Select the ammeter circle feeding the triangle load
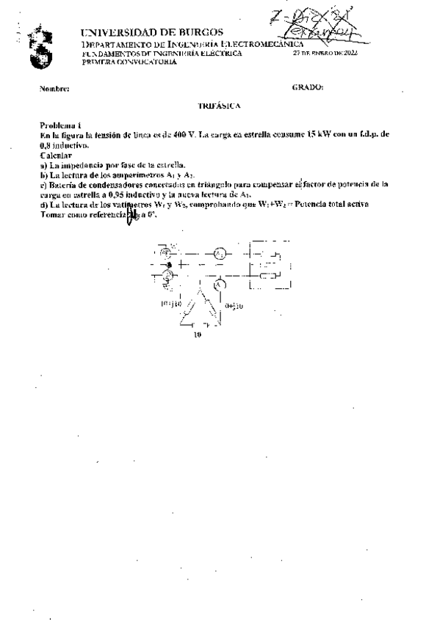tap(218, 283)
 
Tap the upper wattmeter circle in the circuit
tap(166, 252)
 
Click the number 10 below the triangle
tap(196, 336)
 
